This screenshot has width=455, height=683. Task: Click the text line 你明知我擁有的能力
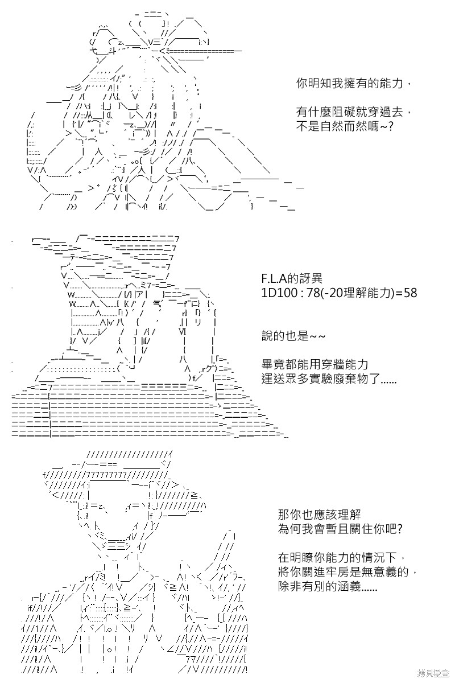tap(355, 84)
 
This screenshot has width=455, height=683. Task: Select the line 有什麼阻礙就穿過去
tap(355, 112)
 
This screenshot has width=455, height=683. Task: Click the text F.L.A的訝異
tap(292, 278)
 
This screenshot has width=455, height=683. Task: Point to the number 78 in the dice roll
tap(313, 293)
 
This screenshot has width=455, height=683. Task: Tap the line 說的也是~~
tap(293, 336)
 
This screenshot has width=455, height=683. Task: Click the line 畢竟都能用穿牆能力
tap(315, 364)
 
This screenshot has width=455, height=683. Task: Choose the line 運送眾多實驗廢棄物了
tap(329, 378)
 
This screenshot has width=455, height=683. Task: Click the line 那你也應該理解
tap(320, 515)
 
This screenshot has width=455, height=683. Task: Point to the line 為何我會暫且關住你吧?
tap(340, 529)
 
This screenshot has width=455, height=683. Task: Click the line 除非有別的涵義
tap(328, 586)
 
